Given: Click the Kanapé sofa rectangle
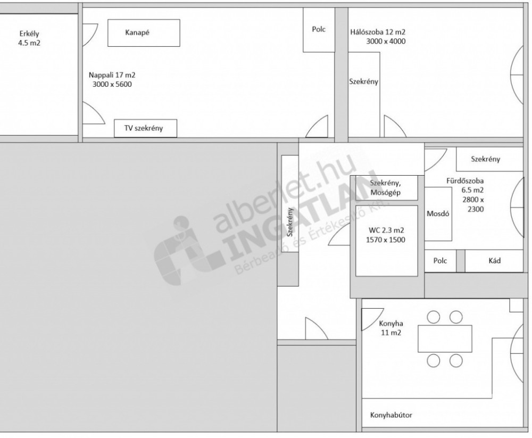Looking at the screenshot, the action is tap(144, 32).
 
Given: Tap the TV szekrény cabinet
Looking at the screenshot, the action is tap(146, 128).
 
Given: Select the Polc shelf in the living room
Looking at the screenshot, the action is tap(319, 30).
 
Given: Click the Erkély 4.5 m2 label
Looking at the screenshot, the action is tap(29, 38).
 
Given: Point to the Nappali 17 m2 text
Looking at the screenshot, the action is tap(112, 75).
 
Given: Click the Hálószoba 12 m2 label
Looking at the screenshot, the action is tap(378, 32).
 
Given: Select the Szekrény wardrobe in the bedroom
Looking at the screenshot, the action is tap(364, 94).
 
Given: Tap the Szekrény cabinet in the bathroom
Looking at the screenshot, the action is tap(489, 159).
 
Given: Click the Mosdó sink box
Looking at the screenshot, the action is tap(438, 214).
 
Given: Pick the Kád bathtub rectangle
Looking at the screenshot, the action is tap(494, 261).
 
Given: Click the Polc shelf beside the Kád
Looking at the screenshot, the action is tap(440, 261).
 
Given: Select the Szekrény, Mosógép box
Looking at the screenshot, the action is tap(386, 188).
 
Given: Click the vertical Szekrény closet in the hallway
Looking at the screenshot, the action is tap(290, 203).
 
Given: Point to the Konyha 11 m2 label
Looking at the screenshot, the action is tap(391, 328).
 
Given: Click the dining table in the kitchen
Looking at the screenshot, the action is tap(445, 338).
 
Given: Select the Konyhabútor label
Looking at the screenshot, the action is tap(391, 415).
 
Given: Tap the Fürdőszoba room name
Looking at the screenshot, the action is tap(465, 181).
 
